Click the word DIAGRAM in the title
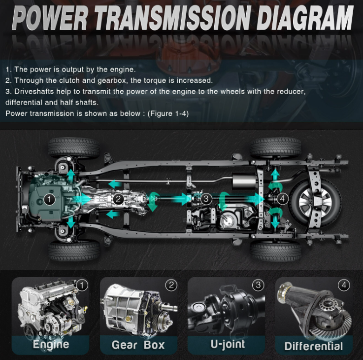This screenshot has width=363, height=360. point(305,18)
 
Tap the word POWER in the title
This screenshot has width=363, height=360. point(50,18)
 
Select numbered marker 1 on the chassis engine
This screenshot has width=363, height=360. point(49,199)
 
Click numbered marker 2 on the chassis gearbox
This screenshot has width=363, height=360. point(118,199)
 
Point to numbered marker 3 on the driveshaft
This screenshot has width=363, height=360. point(206,199)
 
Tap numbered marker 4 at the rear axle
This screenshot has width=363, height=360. point(282,199)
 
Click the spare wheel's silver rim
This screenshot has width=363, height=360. point(315,203)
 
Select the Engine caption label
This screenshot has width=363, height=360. point(51,345)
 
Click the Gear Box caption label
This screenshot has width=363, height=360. point(138,345)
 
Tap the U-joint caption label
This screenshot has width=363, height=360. point(228,344)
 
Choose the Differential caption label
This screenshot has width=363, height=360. point(313,346)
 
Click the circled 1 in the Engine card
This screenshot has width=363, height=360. point(82,286)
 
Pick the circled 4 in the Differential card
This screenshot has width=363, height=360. point(344,285)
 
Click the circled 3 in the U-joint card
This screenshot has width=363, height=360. point(259,285)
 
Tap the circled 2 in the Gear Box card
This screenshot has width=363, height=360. point(171,285)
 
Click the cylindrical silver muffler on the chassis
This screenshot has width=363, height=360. point(244,181)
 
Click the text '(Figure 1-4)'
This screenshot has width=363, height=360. point(168,113)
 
